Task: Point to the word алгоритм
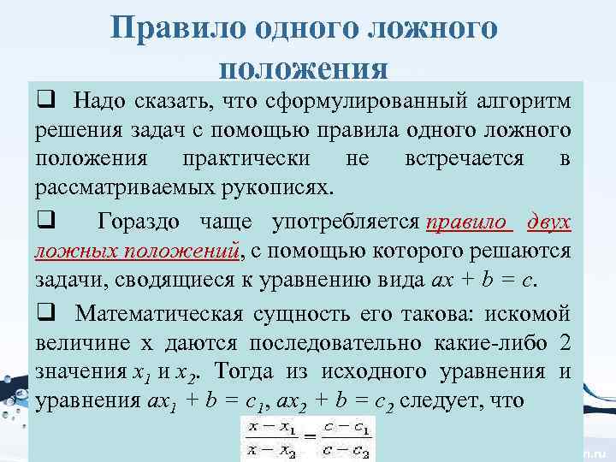click(521, 103)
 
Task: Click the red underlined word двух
click(547, 223)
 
